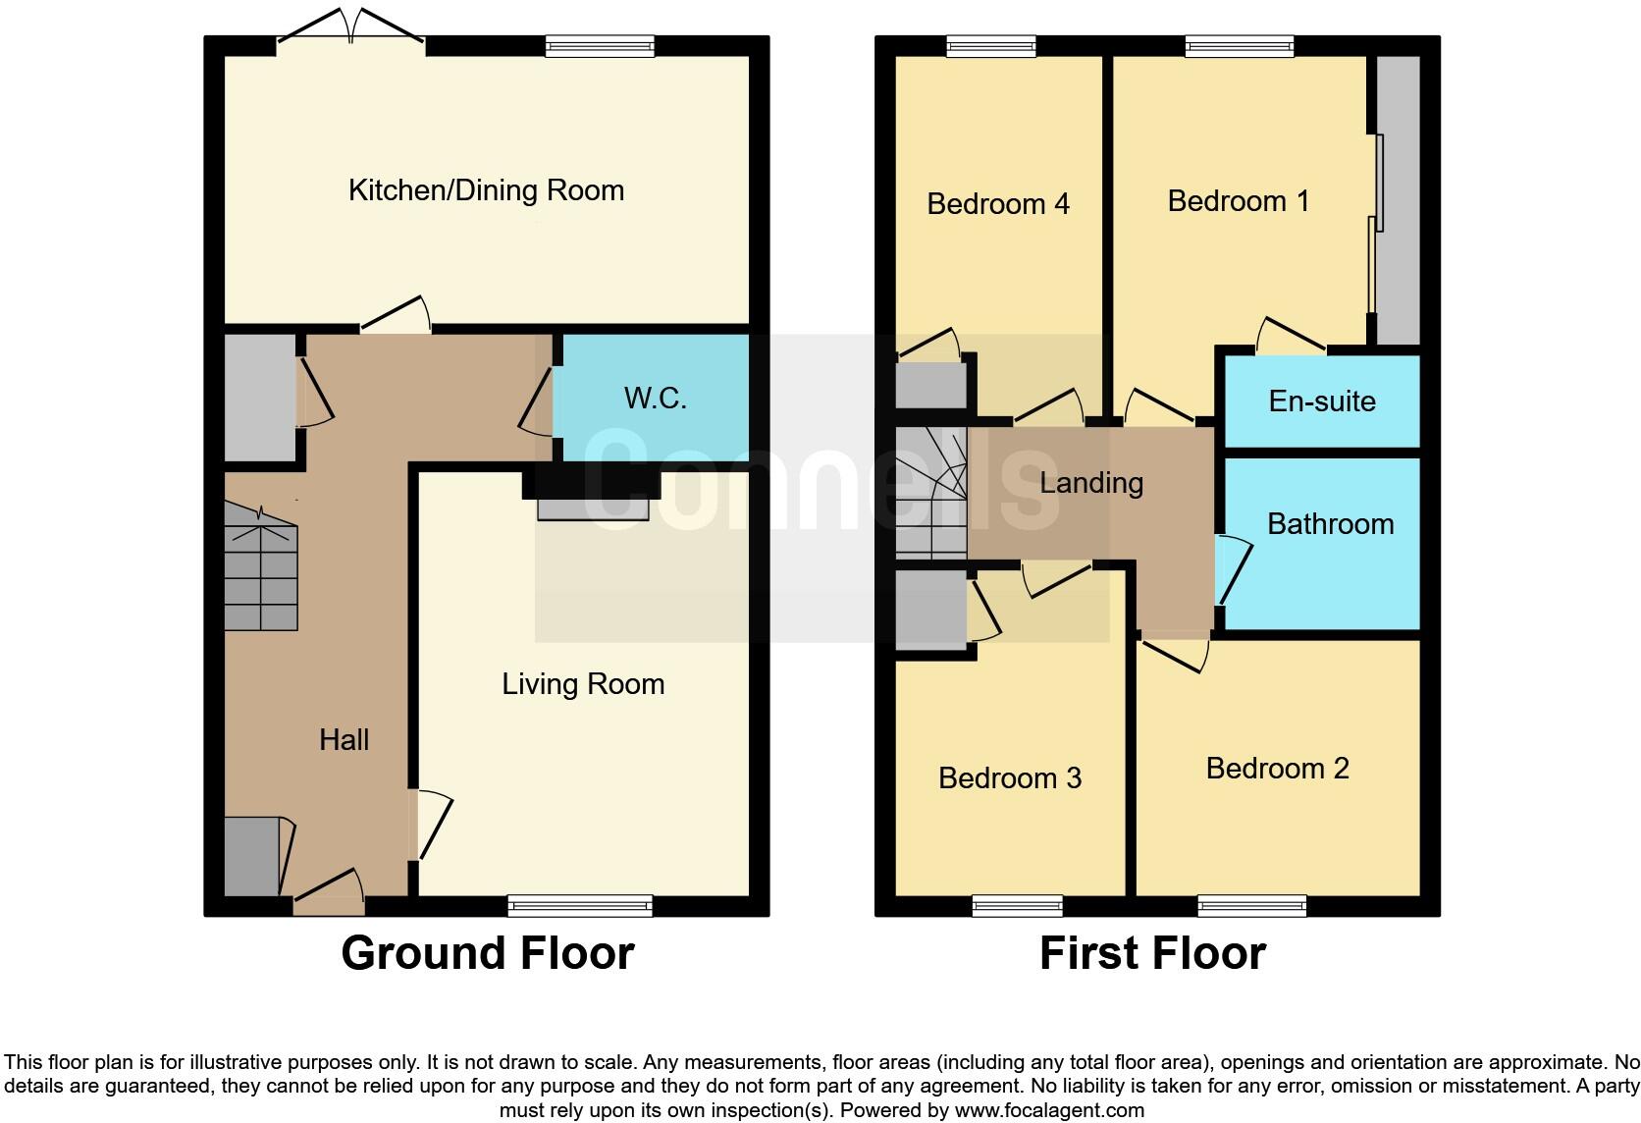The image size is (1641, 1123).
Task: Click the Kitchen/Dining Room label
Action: click(487, 190)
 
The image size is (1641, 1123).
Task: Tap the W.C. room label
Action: click(656, 399)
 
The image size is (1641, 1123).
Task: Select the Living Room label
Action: click(583, 684)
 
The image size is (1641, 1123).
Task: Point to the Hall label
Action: click(344, 740)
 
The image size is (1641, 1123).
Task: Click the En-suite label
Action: click(1322, 401)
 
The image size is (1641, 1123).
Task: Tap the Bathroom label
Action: click(1331, 524)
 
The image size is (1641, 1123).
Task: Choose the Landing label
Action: click(1091, 484)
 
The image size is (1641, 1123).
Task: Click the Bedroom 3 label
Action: click(1010, 778)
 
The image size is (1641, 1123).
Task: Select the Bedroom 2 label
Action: click(1278, 769)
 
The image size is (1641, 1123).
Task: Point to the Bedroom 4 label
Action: click(998, 203)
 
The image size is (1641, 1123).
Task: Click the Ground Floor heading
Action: click(488, 953)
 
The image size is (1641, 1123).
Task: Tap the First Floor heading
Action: click(1153, 953)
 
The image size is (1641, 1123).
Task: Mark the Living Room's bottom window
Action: click(580, 906)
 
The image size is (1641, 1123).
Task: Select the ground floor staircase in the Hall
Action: click(261, 566)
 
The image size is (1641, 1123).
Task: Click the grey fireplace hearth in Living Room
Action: click(594, 509)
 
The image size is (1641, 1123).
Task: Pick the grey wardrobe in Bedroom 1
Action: click(1398, 200)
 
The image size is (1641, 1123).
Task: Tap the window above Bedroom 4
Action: click(991, 47)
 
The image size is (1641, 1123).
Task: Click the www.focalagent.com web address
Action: click(1050, 1110)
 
